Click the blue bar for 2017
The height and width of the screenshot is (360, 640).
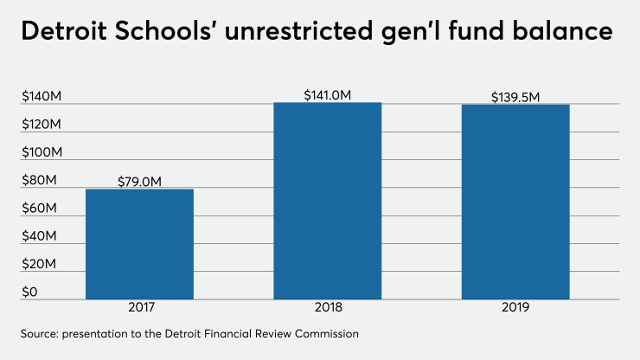point(139,244)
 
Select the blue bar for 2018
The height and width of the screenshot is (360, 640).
point(327,201)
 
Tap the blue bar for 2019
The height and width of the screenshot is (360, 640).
point(515,202)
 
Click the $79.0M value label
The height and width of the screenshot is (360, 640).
point(139,182)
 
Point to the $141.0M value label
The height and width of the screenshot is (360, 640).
point(327,95)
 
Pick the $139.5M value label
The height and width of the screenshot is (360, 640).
point(515,97)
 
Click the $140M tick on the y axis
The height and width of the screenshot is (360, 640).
point(42,96)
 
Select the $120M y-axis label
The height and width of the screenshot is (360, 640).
point(42,125)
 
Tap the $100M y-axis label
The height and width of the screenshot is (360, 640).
point(42,152)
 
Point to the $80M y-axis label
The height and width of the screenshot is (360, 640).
point(39,180)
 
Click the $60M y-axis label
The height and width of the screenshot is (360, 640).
point(39,209)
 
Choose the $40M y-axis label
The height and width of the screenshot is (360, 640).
point(39,236)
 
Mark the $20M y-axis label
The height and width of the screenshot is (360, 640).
point(39,264)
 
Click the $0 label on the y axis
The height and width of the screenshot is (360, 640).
point(29,292)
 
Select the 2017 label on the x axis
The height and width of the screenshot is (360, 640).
point(141,307)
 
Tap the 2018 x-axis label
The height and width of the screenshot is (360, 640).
point(328,307)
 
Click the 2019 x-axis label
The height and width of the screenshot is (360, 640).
point(515,307)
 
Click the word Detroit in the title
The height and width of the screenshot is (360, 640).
point(64,31)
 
